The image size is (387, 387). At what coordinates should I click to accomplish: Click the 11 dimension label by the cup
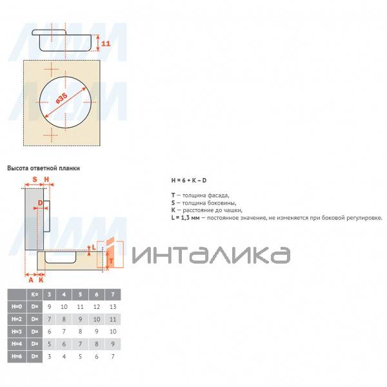coord(106,43)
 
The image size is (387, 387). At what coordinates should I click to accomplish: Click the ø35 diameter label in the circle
coord(62,98)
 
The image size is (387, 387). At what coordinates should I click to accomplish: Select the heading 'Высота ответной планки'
coord(43,168)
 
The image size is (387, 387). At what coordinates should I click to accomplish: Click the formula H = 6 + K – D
coord(189,181)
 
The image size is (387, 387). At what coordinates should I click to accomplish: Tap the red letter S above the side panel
coord(35,179)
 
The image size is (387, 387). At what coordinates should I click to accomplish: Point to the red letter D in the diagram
coord(40,203)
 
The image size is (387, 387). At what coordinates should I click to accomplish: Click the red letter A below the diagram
coord(31,280)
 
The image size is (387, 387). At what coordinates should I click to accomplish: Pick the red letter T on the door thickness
coord(111,261)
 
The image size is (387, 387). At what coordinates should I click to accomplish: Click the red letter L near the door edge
coord(94,247)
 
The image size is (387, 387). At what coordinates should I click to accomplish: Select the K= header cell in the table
coord(35,295)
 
